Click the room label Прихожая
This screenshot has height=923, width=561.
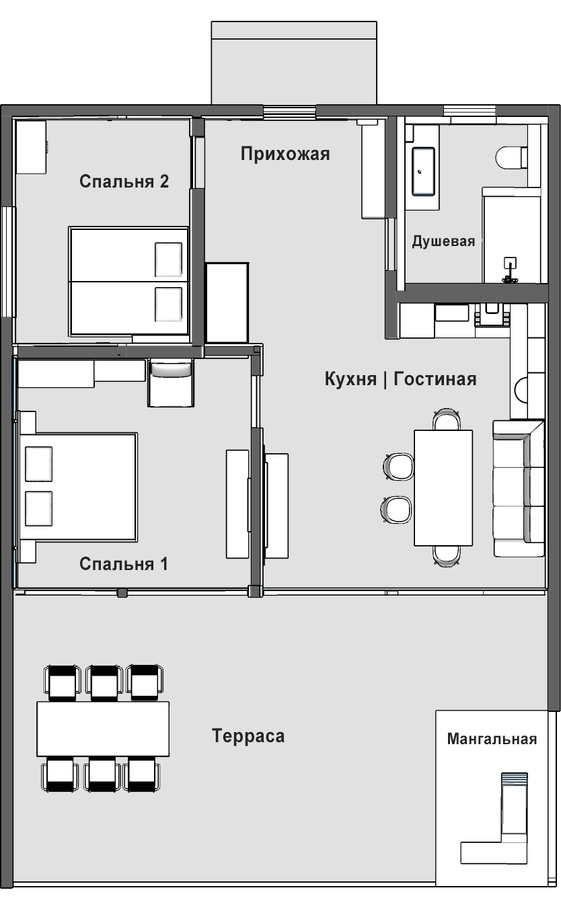(285, 154)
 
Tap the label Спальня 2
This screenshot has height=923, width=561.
(124, 182)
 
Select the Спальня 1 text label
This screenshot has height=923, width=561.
(124, 564)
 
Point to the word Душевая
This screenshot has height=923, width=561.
(443, 241)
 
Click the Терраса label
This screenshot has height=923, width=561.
(248, 736)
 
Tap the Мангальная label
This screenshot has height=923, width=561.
(492, 739)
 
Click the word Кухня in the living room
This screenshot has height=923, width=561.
(350, 378)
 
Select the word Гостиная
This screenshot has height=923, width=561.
(435, 378)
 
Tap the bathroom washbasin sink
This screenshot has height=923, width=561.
(423, 172)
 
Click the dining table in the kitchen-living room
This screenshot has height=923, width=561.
(443, 488)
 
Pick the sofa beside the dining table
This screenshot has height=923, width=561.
(519, 488)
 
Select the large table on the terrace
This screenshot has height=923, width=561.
(103, 729)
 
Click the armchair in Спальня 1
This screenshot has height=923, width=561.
(171, 383)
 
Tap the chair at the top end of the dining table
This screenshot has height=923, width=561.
(447, 419)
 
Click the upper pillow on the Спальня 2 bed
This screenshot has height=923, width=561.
(168, 259)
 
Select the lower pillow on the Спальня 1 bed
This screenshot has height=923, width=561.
(39, 508)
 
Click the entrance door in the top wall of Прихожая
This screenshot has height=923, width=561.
(290, 111)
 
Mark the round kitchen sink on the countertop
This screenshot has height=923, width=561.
(521, 389)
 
